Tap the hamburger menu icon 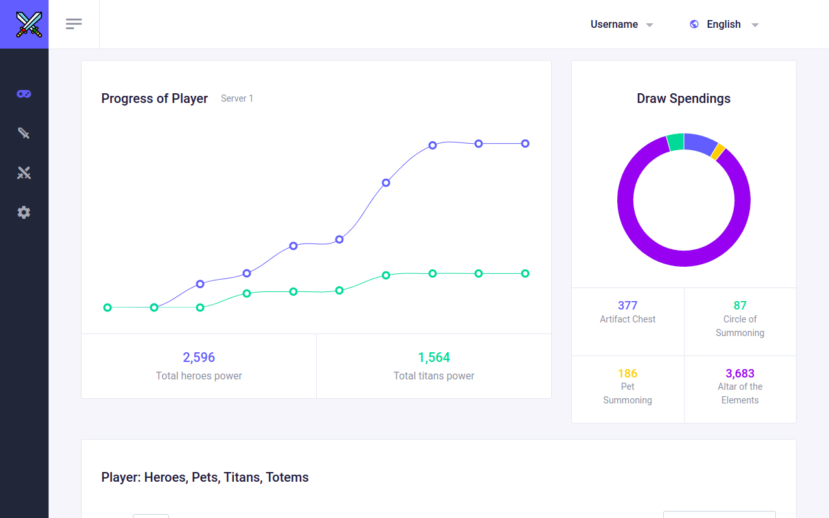[74, 24]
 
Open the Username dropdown [621, 25]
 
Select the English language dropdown [725, 25]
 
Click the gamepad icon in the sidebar [24, 94]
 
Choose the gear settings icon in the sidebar [24, 212]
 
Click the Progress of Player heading [154, 98]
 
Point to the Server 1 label [237, 98]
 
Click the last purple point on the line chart [525, 144]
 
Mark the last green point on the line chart [525, 273]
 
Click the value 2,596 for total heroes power [199, 357]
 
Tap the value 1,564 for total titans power [434, 357]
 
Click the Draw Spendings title [683, 98]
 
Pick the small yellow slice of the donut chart [718, 152]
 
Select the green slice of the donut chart [676, 142]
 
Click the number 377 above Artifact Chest [628, 306]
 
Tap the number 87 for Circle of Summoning [740, 306]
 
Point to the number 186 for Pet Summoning [628, 374]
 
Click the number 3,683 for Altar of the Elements [740, 374]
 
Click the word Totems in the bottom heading [287, 477]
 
